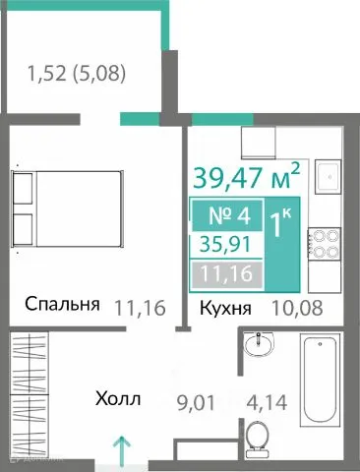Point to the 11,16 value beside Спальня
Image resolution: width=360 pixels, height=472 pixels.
(x=138, y=306)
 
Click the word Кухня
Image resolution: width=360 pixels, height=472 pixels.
(x=225, y=309)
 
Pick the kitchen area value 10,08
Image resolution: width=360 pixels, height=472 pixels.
(x=296, y=309)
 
